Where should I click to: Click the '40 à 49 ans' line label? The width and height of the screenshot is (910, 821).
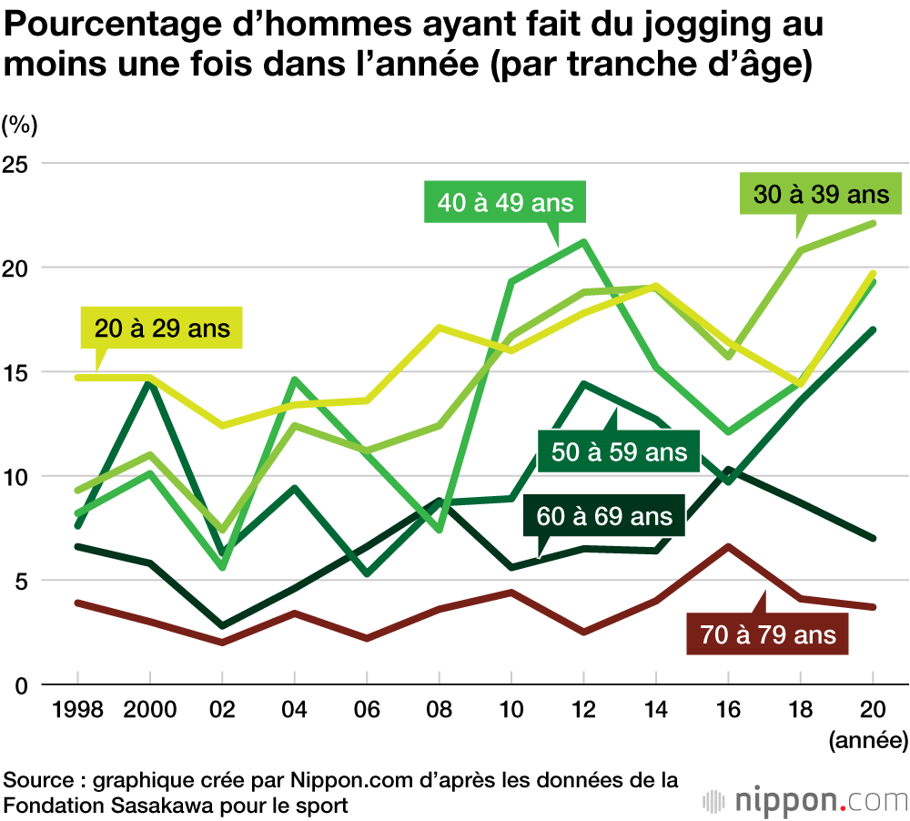[x=506, y=202]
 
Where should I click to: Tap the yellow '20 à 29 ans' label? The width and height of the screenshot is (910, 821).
[x=163, y=328]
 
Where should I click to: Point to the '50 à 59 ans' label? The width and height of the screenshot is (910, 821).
[x=619, y=451]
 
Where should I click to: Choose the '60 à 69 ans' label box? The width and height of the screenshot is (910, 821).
[x=604, y=516]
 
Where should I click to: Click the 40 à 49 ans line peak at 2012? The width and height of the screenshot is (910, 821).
[x=583, y=241]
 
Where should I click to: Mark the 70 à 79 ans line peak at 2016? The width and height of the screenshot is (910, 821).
[x=728, y=546]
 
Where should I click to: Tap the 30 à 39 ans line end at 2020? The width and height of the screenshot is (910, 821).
[x=873, y=223]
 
